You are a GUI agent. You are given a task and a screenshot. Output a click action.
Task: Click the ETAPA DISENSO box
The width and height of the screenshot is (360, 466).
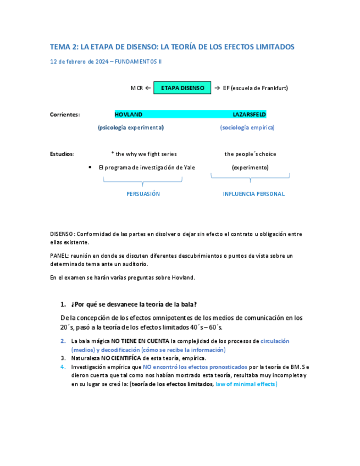182,88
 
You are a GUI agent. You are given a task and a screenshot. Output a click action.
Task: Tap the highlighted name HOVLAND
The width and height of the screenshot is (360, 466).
129,114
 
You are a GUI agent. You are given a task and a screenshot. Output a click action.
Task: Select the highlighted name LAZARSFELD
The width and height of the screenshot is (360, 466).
250,114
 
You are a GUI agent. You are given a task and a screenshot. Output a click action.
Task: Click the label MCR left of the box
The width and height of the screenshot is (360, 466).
136,88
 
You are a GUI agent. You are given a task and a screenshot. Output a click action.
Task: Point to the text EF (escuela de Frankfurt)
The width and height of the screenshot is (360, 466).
255,88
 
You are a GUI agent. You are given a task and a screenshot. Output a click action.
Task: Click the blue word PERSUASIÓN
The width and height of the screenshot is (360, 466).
143,194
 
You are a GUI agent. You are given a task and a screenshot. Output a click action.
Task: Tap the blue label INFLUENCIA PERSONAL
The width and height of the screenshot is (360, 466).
254,194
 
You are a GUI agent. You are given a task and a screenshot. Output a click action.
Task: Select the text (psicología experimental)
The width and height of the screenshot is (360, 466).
131,127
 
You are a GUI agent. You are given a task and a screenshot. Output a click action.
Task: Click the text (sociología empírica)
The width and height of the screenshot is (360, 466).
247,127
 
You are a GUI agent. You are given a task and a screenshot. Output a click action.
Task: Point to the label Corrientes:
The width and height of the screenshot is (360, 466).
65,114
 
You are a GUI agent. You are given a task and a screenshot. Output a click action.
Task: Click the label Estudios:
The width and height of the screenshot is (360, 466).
62,154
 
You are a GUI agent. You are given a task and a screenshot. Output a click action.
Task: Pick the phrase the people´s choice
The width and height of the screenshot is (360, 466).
250,154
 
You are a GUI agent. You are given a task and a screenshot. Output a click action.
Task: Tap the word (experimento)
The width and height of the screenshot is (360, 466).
250,168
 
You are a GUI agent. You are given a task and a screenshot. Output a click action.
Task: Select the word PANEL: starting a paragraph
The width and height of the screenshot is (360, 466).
59,256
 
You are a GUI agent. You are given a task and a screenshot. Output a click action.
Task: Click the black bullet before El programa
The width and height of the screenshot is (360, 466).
90,167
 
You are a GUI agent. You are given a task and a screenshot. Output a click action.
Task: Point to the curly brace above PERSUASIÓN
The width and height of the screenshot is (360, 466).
143,180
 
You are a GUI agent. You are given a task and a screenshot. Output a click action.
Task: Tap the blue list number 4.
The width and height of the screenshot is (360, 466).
63,367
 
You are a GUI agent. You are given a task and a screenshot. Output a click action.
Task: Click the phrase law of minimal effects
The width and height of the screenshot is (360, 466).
246,384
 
